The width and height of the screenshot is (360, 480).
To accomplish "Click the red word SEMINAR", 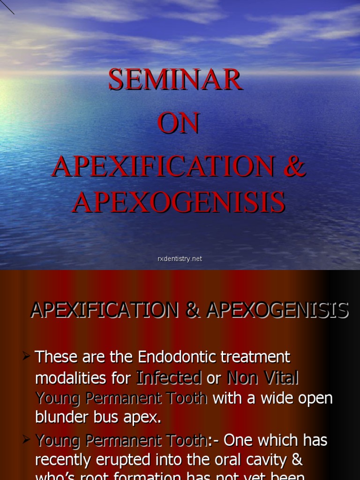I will [176, 80].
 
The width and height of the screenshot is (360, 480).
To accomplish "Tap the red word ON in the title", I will [179, 124].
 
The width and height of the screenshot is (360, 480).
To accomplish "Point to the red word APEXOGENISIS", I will [179, 202].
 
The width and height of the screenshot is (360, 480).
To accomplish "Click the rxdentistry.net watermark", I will [180, 259].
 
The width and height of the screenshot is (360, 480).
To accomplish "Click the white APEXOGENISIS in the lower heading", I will [277, 310].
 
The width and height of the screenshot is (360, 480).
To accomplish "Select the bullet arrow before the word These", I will [27, 357].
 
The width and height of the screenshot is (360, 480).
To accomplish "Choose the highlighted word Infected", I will [169, 378].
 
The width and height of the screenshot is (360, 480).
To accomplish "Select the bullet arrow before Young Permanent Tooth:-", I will [27, 440].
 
